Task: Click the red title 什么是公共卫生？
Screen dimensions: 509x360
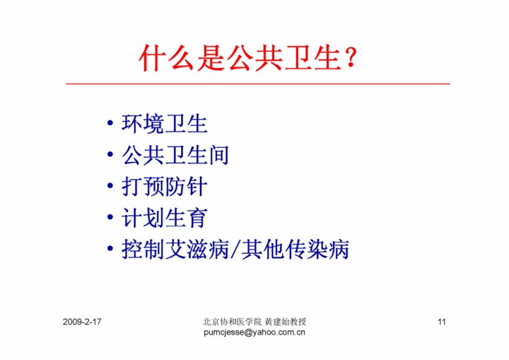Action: point(248,58)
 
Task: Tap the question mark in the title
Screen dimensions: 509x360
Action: point(351,58)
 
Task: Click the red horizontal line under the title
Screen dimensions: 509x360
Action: point(258,84)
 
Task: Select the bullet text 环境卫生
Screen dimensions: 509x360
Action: point(165,124)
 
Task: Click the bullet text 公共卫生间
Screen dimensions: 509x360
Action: point(175,155)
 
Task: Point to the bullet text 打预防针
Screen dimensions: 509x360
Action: point(165,187)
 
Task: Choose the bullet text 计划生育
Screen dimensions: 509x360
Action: point(165,218)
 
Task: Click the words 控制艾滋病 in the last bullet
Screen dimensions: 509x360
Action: point(175,249)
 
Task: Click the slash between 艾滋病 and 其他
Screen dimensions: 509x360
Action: point(235,250)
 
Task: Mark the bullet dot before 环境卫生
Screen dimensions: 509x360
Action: point(110,124)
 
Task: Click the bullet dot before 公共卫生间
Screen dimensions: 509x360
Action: point(110,155)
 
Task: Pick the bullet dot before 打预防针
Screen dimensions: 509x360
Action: point(110,186)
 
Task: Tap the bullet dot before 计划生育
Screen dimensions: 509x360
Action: point(110,217)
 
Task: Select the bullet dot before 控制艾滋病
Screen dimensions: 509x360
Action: point(110,249)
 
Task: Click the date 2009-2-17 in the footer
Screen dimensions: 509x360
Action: point(82,322)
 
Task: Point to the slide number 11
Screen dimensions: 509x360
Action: point(441,322)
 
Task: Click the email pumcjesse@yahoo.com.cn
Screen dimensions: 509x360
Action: point(255,332)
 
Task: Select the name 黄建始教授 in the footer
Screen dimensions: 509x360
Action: point(286,322)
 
